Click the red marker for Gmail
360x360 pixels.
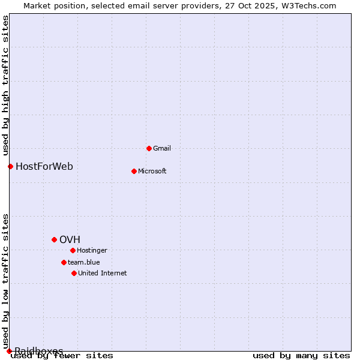(149, 148)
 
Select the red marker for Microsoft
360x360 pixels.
(134, 171)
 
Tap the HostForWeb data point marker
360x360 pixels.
(10, 166)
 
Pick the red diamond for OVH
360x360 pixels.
(54, 239)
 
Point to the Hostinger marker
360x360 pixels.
(73, 250)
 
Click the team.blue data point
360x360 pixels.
(64, 262)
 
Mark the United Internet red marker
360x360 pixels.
(74, 273)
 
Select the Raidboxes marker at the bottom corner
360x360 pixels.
(9, 351)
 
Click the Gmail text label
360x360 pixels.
(162, 148)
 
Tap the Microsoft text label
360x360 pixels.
(152, 171)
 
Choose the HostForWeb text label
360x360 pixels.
(44, 166)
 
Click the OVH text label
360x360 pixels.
(70, 239)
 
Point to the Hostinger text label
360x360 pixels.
(92, 250)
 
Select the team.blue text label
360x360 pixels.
(83, 262)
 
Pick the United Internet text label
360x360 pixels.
(102, 273)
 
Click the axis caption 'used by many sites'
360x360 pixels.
(301, 356)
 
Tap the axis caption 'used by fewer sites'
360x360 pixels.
(62, 356)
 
